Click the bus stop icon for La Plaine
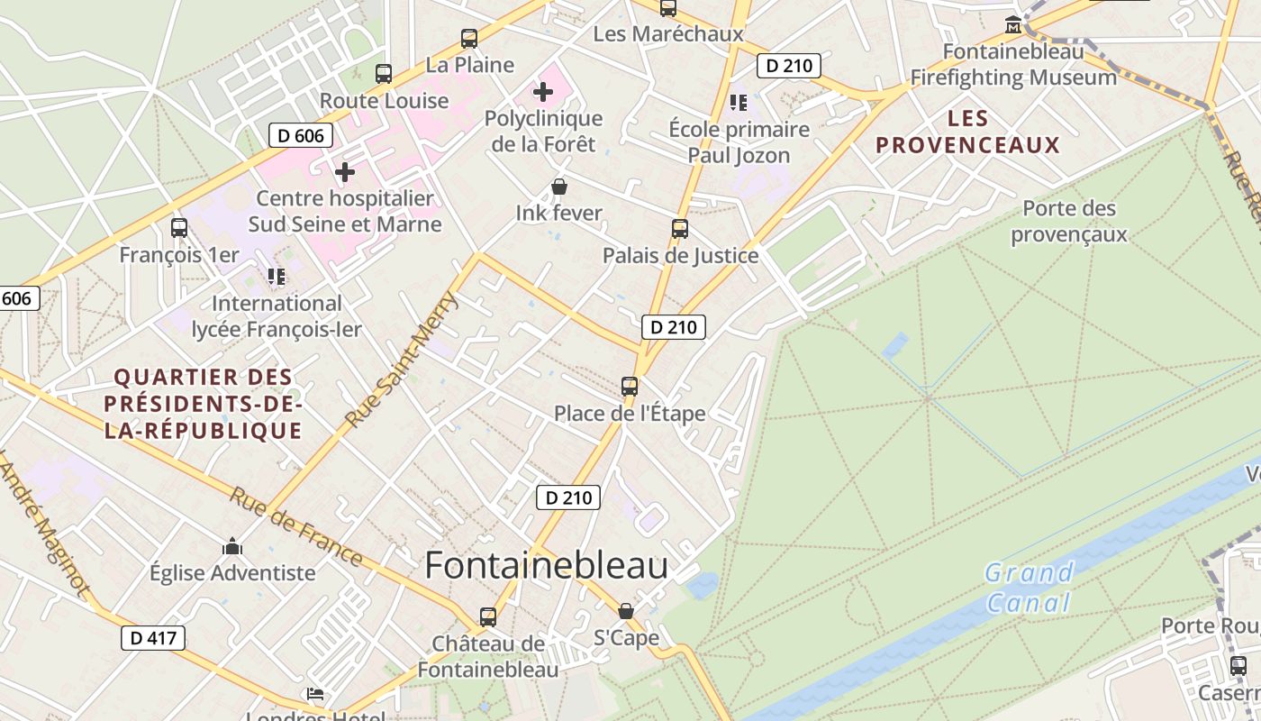tap(468, 39)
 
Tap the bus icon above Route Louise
tap(384, 74)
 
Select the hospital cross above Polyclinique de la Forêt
tap(543, 92)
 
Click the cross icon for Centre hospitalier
tap(344, 171)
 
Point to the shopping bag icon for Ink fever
tap(559, 187)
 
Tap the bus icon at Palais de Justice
tap(680, 229)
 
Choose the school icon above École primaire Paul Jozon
tap(739, 103)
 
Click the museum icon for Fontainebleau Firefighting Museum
tap(1013, 24)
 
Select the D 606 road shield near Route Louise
tap(301, 136)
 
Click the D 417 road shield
tap(153, 638)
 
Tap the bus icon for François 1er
tap(179, 228)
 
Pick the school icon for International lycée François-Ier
tap(277, 276)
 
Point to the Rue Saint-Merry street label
tap(402, 358)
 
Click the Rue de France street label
tap(295, 527)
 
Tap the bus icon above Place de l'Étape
tap(630, 387)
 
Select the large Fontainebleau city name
tap(546, 565)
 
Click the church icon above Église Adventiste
tap(232, 546)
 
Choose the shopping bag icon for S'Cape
tap(626, 611)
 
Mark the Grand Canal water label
tap(1029, 587)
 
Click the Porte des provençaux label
tap(1069, 221)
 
